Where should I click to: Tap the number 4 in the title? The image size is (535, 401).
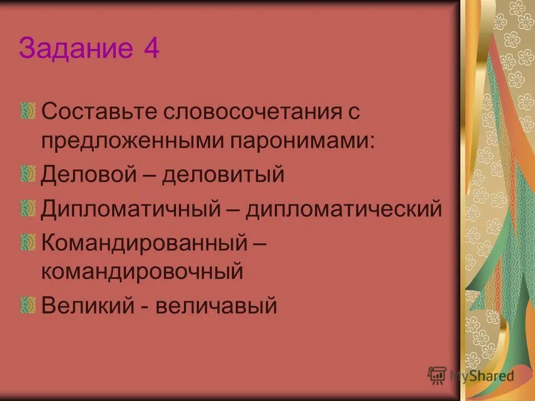point(150,49)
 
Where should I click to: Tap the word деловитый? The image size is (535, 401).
point(223,174)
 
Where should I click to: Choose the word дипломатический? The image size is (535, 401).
point(344,209)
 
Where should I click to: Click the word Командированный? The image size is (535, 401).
point(143,242)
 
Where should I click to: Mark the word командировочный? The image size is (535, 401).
point(142,272)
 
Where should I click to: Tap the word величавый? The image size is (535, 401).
point(216,305)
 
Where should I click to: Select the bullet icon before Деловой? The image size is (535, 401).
point(27,174)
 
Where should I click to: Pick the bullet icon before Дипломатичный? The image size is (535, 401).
point(27,208)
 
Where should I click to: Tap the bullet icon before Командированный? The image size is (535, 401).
point(27,242)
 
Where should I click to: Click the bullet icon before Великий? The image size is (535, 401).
point(27,305)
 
